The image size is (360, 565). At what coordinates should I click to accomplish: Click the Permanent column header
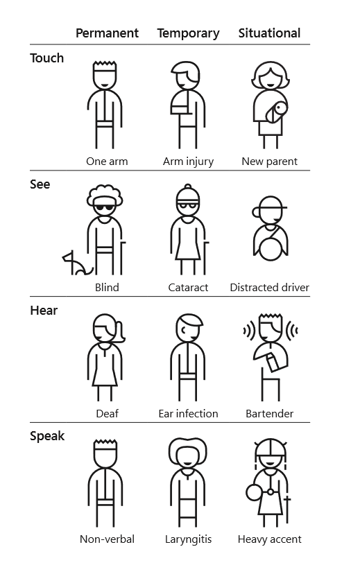click(x=107, y=33)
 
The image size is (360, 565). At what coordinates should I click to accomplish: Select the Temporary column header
click(x=188, y=33)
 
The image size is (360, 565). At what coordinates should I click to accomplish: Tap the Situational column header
click(x=269, y=33)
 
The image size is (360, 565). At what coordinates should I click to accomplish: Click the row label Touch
click(x=47, y=58)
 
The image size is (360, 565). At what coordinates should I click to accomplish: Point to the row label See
click(x=40, y=184)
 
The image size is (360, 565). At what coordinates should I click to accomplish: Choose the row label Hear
click(x=44, y=311)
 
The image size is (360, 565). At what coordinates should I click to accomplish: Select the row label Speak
click(x=47, y=436)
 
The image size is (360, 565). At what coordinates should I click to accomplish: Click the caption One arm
click(x=107, y=162)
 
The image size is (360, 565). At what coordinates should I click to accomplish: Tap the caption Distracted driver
click(x=270, y=288)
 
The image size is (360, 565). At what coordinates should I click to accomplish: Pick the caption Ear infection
click(x=188, y=414)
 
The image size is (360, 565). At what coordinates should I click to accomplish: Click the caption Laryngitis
click(x=188, y=539)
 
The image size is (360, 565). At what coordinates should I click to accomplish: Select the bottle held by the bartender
click(x=272, y=362)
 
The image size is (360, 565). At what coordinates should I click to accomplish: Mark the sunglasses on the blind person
click(x=105, y=208)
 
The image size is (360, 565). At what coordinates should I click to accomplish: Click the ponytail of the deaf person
click(x=120, y=333)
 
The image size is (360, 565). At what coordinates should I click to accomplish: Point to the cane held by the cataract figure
click(x=205, y=258)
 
